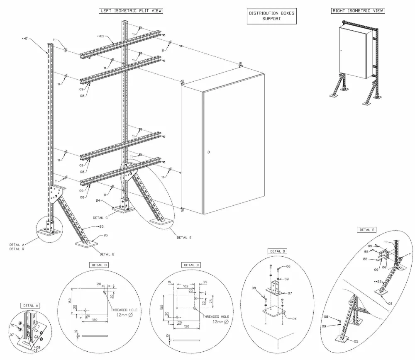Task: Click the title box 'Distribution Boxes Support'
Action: pos(271,16)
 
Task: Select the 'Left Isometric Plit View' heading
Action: pos(130,11)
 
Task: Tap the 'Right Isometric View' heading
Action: pos(357,11)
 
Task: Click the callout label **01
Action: pos(27,39)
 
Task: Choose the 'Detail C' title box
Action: pos(192,265)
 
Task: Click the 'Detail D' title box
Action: pos(278,251)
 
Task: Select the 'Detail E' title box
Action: pos(368,229)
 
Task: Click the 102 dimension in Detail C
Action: pos(185,286)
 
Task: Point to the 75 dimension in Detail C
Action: pos(210,302)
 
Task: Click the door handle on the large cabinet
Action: pos(208,153)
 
